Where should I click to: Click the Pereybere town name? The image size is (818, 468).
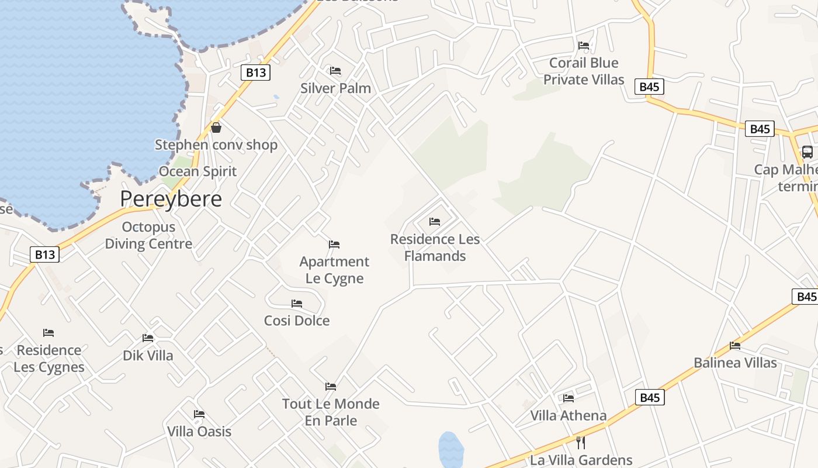171,199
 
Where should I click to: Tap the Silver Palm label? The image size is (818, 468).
335,88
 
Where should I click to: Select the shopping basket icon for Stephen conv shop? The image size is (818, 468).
216,127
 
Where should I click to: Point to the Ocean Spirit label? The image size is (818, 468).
198,171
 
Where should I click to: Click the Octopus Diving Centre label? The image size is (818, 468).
148,235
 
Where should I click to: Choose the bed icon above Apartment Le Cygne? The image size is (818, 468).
334,244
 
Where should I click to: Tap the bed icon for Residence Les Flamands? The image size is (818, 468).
435,222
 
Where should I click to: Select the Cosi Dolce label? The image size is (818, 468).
297,321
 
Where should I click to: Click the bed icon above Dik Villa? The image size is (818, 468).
148,338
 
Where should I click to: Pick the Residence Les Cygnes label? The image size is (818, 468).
49,359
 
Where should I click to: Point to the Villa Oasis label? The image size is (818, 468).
199,432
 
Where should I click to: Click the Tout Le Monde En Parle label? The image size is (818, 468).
331,412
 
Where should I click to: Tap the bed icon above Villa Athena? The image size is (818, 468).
569,398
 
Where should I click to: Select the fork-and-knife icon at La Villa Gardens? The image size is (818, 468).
581,442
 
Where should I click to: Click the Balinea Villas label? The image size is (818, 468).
735,363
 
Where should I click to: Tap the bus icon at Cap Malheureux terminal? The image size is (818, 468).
807,152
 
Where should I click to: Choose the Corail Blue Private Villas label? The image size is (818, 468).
584,71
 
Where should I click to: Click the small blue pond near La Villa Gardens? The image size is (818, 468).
451,449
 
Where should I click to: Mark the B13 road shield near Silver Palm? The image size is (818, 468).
255,73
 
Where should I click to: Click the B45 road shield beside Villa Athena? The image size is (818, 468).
650,398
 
